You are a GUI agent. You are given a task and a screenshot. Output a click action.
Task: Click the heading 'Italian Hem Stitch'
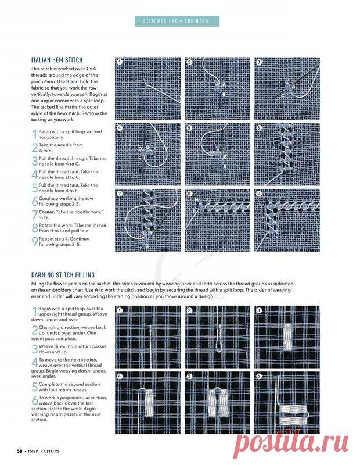[x=57, y=60]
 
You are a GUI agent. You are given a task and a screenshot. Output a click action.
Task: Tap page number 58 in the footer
[x=20, y=450]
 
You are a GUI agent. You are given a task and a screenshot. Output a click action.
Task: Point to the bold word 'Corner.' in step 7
[x=48, y=213]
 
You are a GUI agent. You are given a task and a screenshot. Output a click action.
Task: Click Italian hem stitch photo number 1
[x=147, y=88]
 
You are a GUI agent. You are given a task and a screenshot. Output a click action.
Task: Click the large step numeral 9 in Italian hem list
[x=35, y=242]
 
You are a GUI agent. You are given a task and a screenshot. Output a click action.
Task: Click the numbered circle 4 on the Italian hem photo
[x=120, y=128]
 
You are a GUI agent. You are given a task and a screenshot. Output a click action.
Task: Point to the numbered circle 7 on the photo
[x=120, y=194]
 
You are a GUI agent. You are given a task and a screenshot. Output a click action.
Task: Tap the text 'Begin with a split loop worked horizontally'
[x=70, y=134]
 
